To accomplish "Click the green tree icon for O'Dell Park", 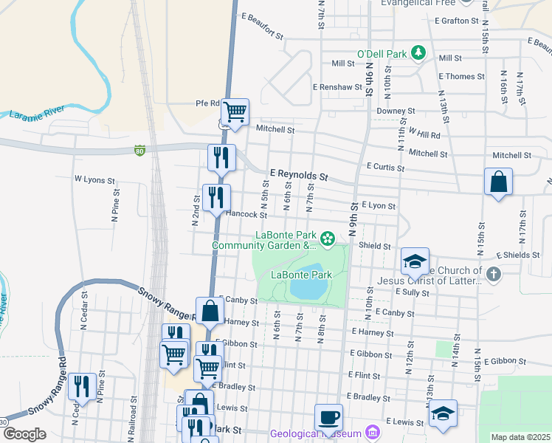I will click(418, 52).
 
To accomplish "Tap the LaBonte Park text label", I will click(301, 275).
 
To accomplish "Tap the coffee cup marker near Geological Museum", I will click(328, 416).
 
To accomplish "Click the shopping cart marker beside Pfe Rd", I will click(235, 111).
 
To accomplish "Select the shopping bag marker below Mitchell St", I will click(498, 181).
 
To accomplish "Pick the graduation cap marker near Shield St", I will click(415, 261).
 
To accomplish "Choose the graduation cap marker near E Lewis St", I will click(443, 413).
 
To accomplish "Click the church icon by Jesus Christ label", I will click(494, 275).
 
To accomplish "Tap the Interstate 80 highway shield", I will click(139, 151).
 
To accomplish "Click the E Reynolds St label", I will click(298, 176).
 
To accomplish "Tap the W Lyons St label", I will click(94, 179).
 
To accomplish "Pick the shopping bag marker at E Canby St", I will click(210, 310).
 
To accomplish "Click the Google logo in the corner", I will click(24, 434).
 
